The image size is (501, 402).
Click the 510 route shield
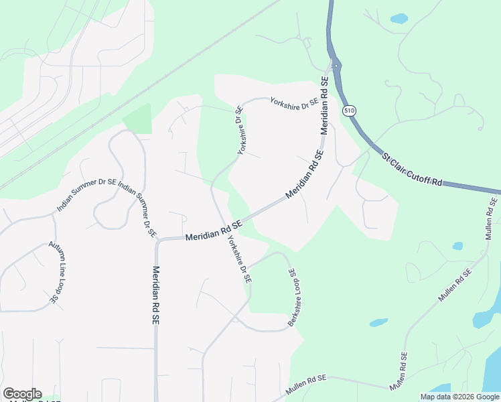coord(348,110)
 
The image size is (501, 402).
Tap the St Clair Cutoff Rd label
coord(413,167)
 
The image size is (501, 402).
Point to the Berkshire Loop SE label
coord(293,298)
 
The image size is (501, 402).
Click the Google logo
coord(22,394)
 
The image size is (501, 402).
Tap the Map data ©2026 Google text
coord(459,397)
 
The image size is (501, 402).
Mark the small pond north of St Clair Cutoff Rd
coord(399,19)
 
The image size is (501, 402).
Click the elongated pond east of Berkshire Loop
coord(379,322)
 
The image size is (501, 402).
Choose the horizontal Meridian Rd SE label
coord(213,234)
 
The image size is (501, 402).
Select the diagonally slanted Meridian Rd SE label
coord(305,174)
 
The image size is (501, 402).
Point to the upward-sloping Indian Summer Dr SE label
coord(86,194)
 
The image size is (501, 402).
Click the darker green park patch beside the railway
coord(137,119)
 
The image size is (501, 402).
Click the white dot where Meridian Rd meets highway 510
coord(335,65)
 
